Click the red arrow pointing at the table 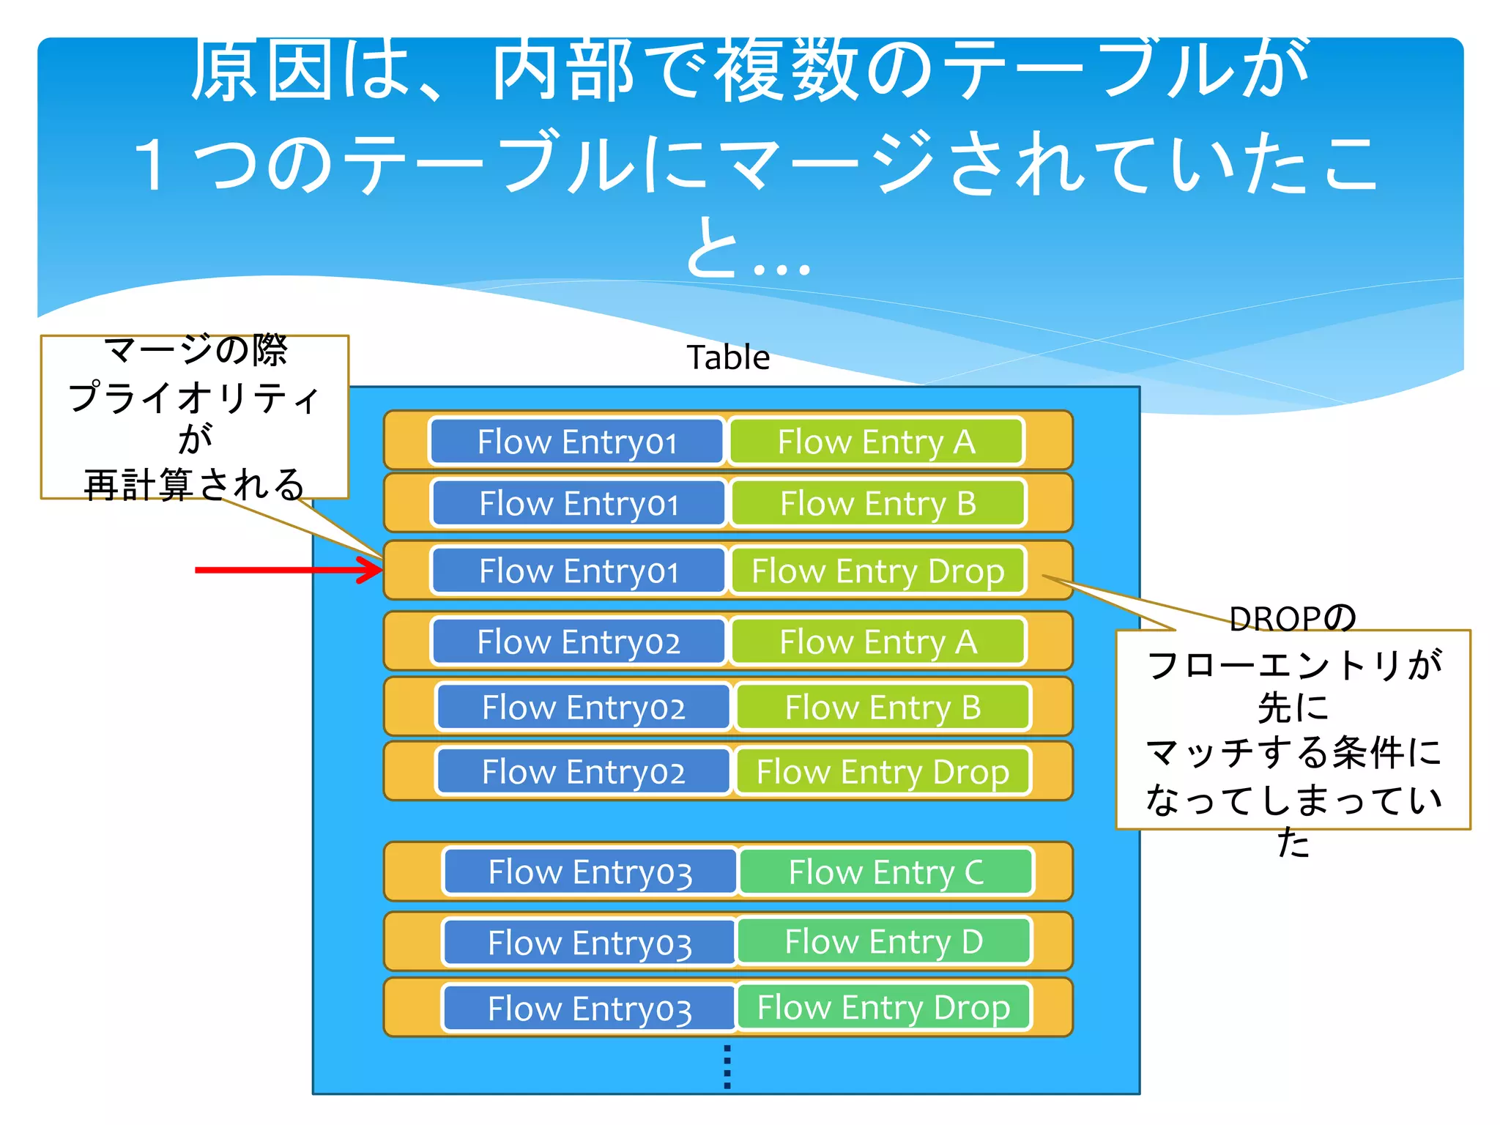(289, 570)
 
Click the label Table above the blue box (728, 357)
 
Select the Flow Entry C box (886, 872)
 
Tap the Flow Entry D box (884, 941)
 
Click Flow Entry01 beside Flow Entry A (577, 442)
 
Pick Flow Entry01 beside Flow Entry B (579, 503)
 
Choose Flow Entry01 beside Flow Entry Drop (579, 571)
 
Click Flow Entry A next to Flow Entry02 (878, 642)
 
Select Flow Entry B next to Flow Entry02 (883, 707)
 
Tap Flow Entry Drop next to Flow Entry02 (883, 771)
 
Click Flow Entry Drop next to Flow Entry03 (883, 1007)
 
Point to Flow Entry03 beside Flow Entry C (590, 872)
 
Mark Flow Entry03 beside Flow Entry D (590, 942)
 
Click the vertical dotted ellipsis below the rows (727, 1067)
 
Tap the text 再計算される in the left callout (194, 485)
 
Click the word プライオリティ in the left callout (194, 398)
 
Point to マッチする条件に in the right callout (1293, 754)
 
